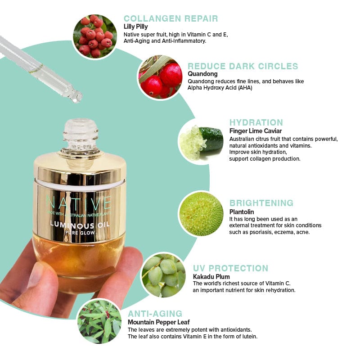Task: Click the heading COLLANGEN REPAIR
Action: (171, 18)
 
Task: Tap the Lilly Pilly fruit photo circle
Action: (95, 36)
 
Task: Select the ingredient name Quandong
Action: (202, 74)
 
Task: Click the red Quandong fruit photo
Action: (161, 77)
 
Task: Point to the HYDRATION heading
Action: (256, 122)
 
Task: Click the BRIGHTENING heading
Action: (261, 203)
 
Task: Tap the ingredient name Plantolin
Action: (242, 211)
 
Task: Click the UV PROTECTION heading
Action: (230, 268)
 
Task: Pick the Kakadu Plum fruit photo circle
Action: (164, 275)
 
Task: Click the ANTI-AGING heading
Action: (155, 314)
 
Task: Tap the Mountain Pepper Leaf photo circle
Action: (99, 321)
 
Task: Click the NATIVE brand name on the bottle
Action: (79, 203)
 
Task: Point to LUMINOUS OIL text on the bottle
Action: (80, 225)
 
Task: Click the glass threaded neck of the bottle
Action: (81, 136)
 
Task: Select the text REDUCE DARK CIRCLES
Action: (243, 66)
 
